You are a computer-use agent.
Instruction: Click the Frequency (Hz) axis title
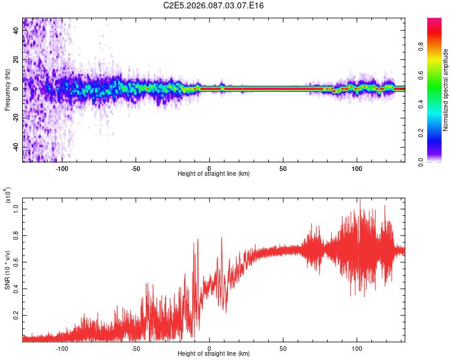click(7, 90)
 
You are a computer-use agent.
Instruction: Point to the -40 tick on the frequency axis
click(15, 147)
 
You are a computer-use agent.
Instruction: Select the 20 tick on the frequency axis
click(16, 59)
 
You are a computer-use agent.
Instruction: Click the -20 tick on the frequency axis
click(15, 118)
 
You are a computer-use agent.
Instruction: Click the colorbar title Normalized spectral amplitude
click(445, 90)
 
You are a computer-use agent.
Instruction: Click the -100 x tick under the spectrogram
click(62, 168)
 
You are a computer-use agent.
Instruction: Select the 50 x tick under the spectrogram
click(283, 168)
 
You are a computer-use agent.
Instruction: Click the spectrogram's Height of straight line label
click(214, 174)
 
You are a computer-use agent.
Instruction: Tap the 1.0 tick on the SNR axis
click(16, 209)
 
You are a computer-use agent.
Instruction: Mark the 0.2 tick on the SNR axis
click(16, 314)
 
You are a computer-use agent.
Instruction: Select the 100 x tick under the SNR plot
click(356, 348)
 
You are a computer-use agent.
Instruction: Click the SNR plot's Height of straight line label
click(214, 354)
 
